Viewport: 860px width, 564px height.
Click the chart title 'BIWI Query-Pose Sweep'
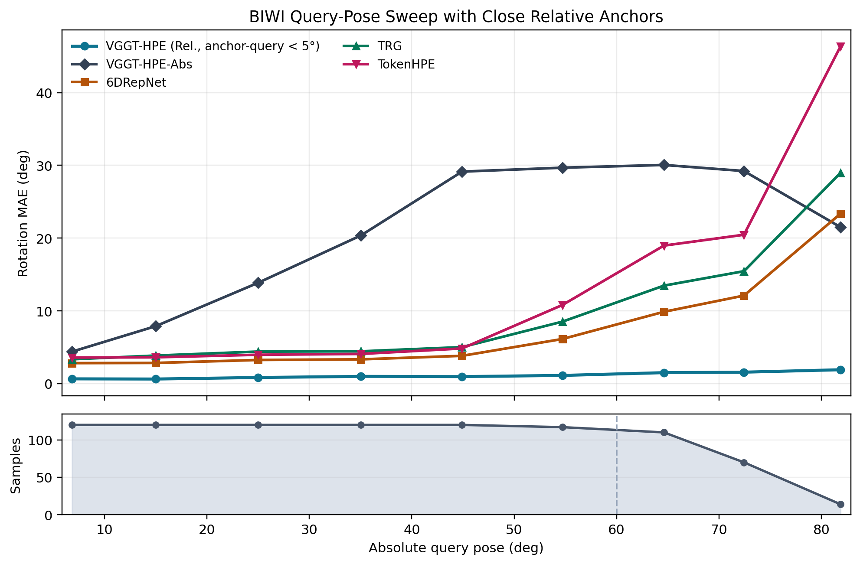tap(456, 16)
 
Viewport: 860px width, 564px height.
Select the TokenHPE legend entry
tap(406, 65)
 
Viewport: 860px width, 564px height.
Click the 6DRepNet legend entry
tap(136, 82)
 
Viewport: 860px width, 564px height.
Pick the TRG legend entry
tap(389, 46)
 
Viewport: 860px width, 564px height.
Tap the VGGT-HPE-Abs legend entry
tap(149, 65)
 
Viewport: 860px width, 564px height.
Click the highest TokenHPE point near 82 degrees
tap(840, 47)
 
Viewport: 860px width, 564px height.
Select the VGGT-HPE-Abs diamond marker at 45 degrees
tap(462, 172)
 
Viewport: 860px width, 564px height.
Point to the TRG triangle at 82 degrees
tap(840, 173)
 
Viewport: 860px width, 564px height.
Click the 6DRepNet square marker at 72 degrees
tap(744, 296)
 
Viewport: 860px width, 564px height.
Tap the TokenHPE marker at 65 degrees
tap(664, 246)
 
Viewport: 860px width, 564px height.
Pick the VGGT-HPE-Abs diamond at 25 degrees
tap(258, 283)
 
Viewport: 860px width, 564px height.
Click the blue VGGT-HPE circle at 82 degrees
tap(840, 370)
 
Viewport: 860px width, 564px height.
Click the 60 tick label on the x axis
tap(616, 530)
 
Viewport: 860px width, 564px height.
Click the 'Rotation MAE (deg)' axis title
tap(23, 213)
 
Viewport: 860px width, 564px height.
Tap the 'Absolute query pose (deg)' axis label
tap(456, 548)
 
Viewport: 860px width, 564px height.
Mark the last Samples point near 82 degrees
tap(840, 504)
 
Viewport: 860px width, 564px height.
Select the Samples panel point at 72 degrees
tap(744, 463)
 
